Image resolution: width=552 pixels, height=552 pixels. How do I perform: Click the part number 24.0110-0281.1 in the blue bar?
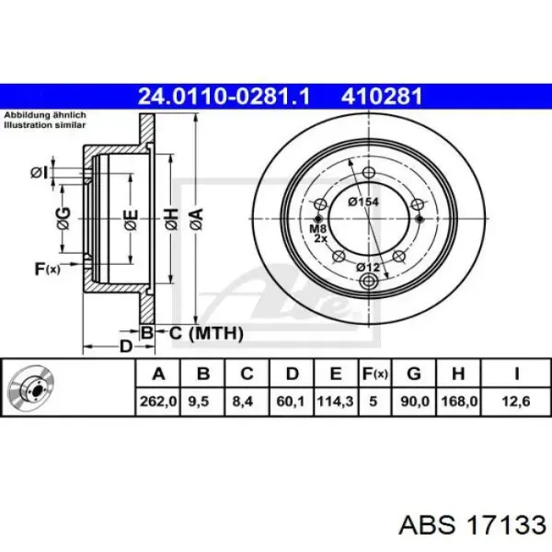click(x=224, y=96)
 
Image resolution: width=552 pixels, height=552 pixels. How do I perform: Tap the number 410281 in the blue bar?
click(x=382, y=96)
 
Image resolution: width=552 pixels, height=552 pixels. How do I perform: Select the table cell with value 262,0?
click(x=158, y=401)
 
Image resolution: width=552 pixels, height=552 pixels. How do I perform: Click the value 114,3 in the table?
click(x=336, y=401)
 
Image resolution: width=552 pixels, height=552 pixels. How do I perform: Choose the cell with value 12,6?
click(x=516, y=401)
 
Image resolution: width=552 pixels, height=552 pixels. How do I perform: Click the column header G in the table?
click(x=414, y=374)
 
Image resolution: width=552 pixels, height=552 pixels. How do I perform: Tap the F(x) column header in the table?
click(x=375, y=374)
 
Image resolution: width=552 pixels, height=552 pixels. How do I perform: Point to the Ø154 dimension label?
click(x=363, y=201)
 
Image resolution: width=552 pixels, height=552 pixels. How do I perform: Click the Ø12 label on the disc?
click(x=368, y=267)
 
